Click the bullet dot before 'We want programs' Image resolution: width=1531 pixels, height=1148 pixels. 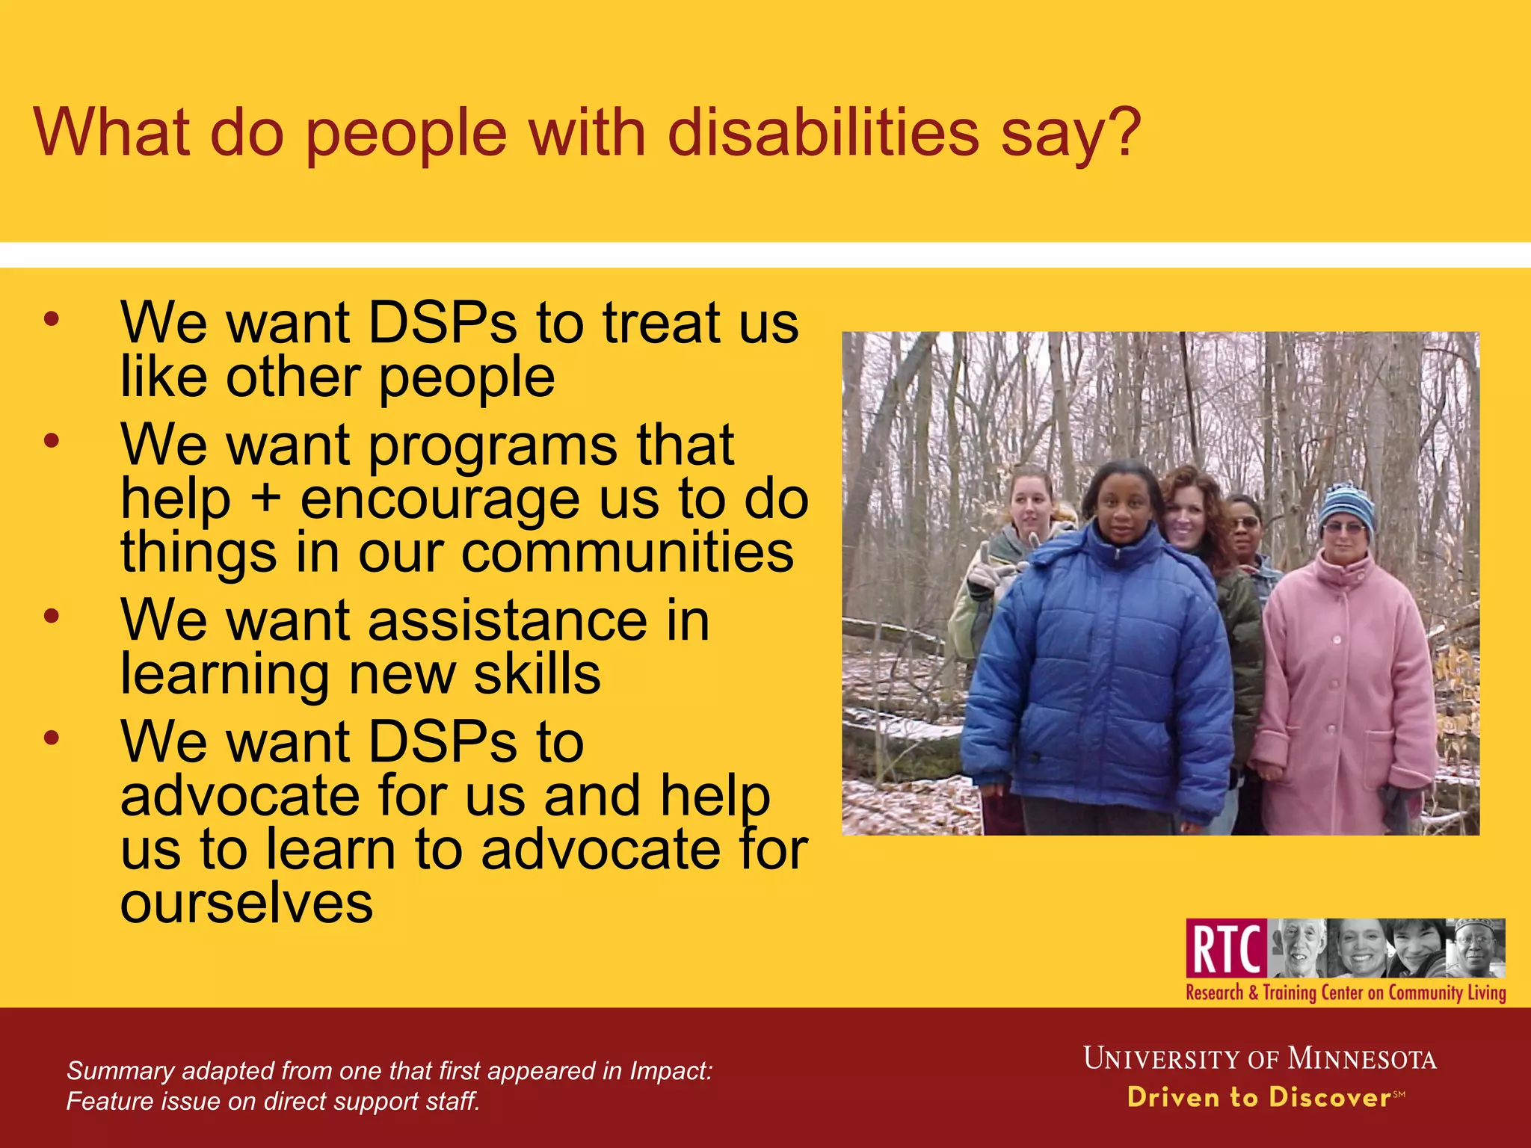[51, 442]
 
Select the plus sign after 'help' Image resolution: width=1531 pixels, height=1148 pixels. [265, 499]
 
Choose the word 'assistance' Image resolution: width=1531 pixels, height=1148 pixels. [508, 620]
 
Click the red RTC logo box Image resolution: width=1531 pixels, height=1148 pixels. [1226, 948]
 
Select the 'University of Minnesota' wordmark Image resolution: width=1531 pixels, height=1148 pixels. [1260, 1059]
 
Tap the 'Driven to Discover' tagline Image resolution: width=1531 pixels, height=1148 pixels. [1260, 1097]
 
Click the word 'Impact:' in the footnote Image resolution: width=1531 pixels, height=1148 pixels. [671, 1071]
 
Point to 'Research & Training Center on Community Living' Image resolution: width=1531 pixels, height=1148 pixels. [1346, 993]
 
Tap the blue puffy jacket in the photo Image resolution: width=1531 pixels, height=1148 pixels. [1099, 673]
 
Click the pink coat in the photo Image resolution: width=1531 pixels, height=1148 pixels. [1346, 688]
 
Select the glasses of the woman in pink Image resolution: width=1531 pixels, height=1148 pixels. [1343, 528]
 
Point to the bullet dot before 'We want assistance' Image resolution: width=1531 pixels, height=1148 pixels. [51, 617]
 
